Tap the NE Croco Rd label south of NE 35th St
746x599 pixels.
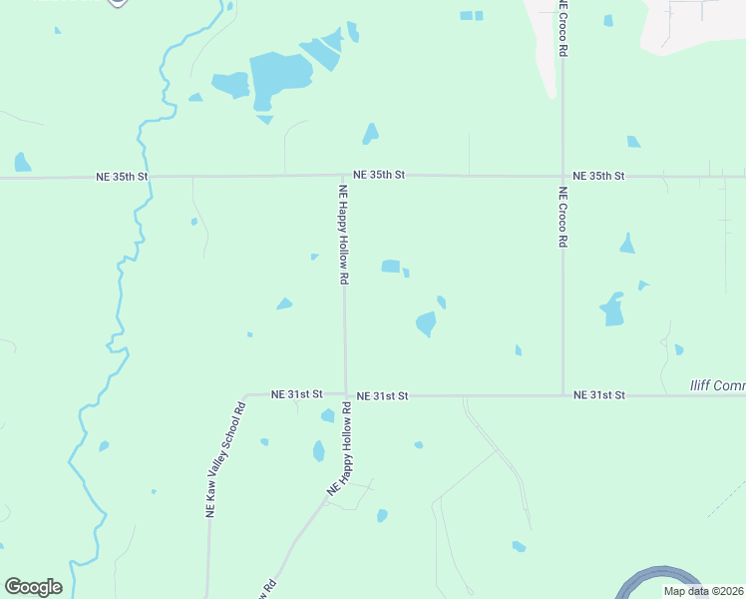563,218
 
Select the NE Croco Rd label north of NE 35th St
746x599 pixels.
563,28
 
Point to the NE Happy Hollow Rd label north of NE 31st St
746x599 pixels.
344,236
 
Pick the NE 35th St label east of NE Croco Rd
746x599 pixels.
598,176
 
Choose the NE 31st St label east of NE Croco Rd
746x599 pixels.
598,395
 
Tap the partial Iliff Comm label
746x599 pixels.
718,385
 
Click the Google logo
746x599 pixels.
33,587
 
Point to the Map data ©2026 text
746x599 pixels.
703,591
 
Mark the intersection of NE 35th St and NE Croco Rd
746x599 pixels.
563,176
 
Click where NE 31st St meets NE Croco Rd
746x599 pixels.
563,395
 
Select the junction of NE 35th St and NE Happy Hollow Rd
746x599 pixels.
344,176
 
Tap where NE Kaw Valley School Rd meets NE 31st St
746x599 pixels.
245,395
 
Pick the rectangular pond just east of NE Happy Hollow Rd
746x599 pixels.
391,267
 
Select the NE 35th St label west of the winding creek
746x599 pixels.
122,177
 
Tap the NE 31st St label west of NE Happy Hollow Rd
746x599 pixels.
296,394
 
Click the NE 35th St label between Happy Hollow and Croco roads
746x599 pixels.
379,175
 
